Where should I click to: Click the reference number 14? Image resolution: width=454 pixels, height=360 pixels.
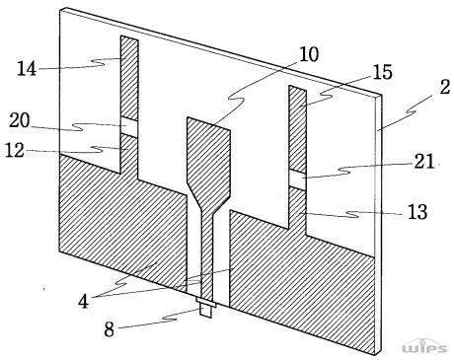[x=27, y=69]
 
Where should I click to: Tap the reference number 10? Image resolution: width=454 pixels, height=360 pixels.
[x=309, y=54]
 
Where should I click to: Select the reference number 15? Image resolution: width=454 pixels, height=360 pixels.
[x=383, y=72]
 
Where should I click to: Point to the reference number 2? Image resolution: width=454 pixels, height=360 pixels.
[x=445, y=88]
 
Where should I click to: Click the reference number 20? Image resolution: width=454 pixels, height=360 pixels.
[x=20, y=120]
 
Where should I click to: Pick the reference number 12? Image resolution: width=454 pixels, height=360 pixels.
[x=15, y=151]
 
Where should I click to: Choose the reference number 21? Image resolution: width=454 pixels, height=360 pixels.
[x=423, y=161]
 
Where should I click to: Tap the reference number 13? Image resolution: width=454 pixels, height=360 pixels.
[x=417, y=212]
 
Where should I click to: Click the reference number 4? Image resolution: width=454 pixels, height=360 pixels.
[x=83, y=301]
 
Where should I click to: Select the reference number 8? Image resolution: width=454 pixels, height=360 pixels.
[x=110, y=329]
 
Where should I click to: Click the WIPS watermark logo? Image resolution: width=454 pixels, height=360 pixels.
[x=424, y=346]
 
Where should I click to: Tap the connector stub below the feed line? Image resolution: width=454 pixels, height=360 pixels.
[x=205, y=308]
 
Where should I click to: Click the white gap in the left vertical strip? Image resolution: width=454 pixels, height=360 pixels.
[x=129, y=126]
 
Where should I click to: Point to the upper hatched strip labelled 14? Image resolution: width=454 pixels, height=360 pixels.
[x=129, y=78]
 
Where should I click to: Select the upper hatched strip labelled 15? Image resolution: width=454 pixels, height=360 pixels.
[x=298, y=129]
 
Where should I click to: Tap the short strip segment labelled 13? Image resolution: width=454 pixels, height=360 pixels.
[x=298, y=210]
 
